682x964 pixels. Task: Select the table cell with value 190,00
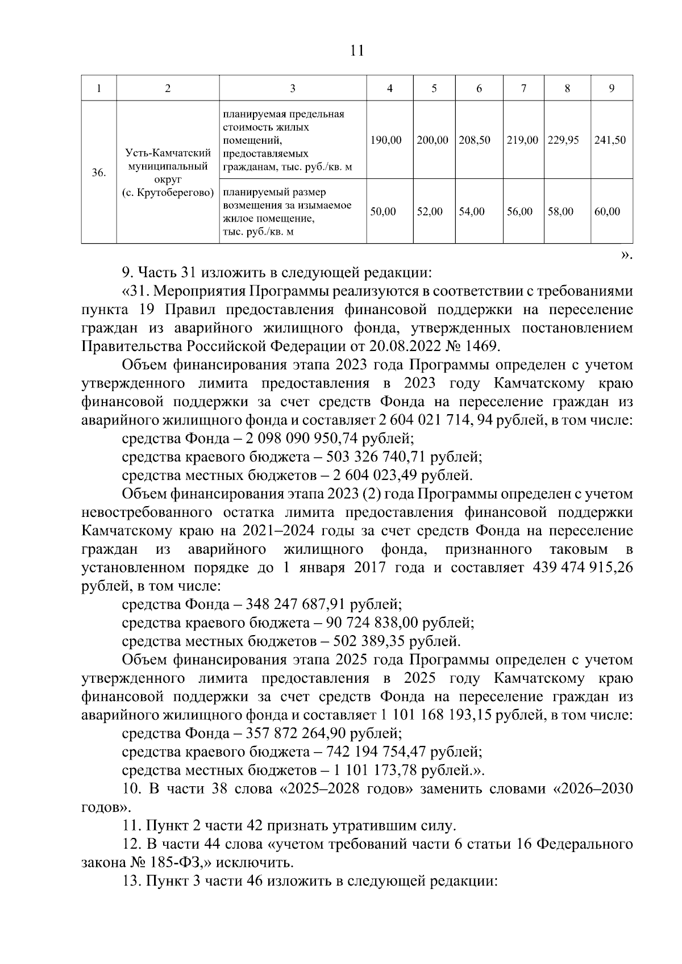pyautogui.click(x=386, y=140)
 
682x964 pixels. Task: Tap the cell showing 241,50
pyautogui.click(x=610, y=140)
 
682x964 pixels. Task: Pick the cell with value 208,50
pyautogui.click(x=475, y=140)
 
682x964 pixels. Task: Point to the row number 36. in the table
pyautogui.click(x=99, y=173)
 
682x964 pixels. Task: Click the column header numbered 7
pyautogui.click(x=523, y=89)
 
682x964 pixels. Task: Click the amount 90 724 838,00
pyautogui.click(x=372, y=623)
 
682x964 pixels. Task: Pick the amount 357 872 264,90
pyautogui.click(x=298, y=733)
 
